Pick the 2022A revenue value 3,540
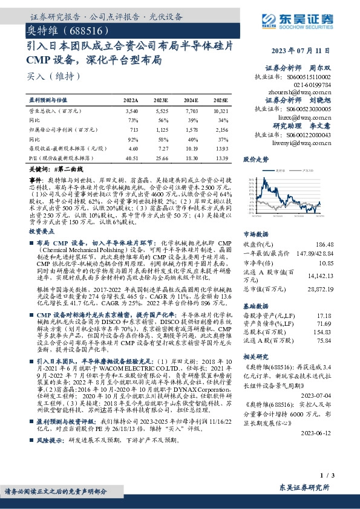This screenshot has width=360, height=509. tap(131, 112)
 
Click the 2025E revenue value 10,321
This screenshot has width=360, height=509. tap(221, 112)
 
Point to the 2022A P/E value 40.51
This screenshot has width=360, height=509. tap(131, 157)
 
